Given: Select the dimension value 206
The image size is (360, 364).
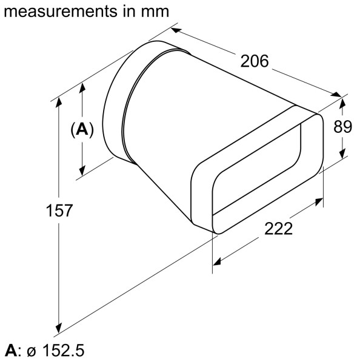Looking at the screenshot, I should [255, 61].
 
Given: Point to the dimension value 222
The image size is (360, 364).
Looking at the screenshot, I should [278, 229].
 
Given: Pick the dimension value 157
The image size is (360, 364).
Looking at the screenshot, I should [59, 211].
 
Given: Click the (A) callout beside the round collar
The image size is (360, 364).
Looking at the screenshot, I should [82, 129].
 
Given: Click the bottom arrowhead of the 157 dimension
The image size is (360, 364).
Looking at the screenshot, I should [59, 325].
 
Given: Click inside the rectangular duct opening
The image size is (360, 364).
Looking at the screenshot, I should [255, 182].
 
